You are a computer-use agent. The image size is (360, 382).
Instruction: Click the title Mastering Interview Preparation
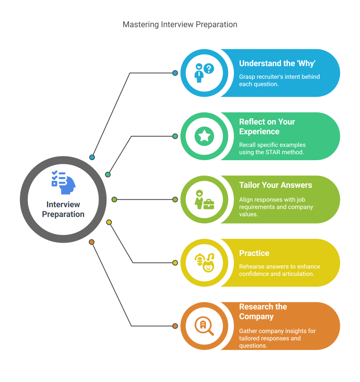[180, 25]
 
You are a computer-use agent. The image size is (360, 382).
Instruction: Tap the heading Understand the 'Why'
[277, 63]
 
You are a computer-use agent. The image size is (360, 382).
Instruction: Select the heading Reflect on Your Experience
[267, 127]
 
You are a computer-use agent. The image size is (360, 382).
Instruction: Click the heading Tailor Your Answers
[276, 185]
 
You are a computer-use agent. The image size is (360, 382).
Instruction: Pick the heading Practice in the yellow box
[254, 253]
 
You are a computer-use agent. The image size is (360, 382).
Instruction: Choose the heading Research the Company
[263, 311]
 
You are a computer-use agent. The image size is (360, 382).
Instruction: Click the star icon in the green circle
[204, 136]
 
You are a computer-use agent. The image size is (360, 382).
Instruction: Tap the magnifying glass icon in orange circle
[204, 326]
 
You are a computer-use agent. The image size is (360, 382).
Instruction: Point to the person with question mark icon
[204, 73]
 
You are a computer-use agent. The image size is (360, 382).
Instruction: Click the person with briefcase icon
[204, 199]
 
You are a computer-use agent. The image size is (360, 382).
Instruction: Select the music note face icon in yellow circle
[204, 263]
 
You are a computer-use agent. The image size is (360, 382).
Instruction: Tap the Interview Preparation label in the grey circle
[63, 209]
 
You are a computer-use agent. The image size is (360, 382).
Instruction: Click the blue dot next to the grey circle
[92, 157]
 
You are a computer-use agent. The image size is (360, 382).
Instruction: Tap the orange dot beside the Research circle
[175, 326]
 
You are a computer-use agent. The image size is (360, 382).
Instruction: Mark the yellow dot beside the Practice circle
[175, 263]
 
